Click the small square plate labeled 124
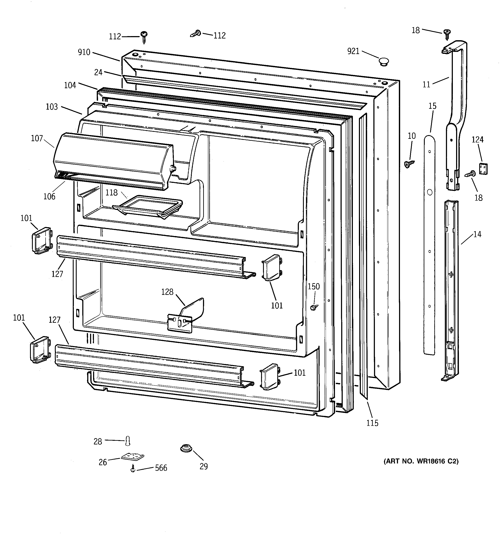pos(483,169)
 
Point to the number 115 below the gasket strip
pos(372,423)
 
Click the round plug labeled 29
pos(186,448)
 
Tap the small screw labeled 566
pos(132,469)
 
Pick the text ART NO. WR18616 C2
pos(421,461)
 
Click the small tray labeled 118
pos(147,207)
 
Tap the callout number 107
pos(37,138)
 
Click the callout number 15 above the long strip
pos(432,106)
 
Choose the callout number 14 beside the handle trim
pos(477,234)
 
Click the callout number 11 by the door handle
pos(426,85)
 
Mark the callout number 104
pos(70,85)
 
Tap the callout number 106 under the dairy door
pos(49,196)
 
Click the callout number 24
pos(98,72)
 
